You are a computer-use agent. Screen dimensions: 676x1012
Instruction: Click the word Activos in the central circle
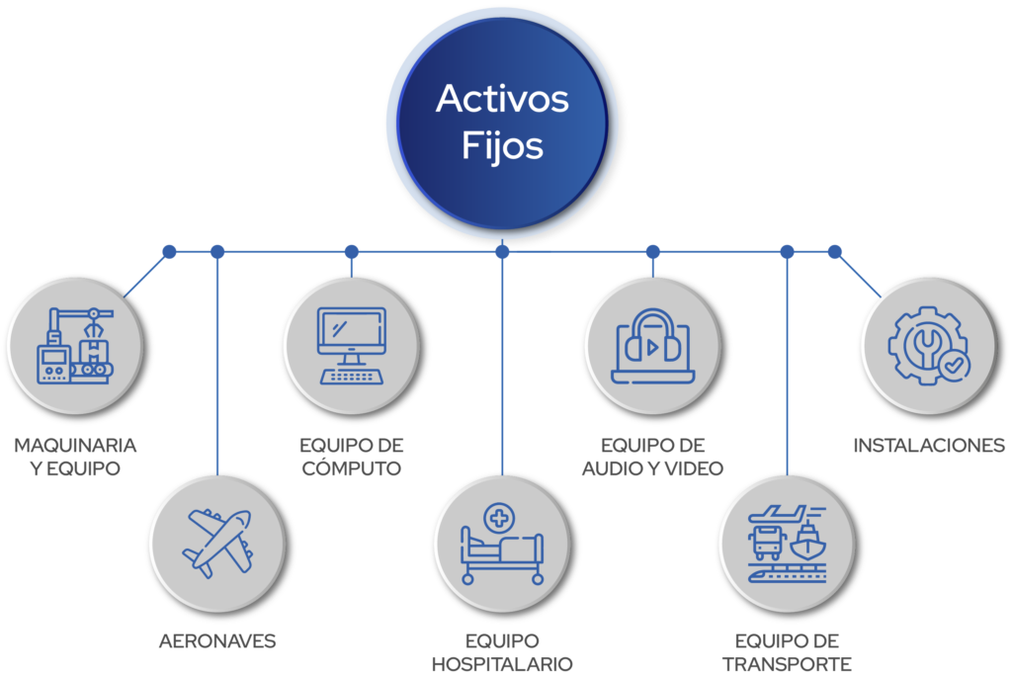tap(502, 99)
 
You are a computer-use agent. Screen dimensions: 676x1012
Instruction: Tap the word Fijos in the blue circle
tap(502, 145)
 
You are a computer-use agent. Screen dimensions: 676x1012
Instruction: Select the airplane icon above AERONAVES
tap(219, 543)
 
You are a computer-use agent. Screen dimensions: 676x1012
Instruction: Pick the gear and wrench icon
tap(928, 346)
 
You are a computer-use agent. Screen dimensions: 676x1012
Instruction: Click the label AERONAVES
tap(217, 641)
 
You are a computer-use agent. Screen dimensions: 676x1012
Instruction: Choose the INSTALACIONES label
tap(929, 446)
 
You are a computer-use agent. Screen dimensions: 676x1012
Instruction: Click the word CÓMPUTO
tap(352, 468)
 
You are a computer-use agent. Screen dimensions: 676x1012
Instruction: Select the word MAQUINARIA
tap(75, 446)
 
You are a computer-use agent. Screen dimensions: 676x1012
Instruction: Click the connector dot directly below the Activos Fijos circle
tap(502, 252)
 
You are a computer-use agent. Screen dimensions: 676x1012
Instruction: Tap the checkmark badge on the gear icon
tap(955, 366)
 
